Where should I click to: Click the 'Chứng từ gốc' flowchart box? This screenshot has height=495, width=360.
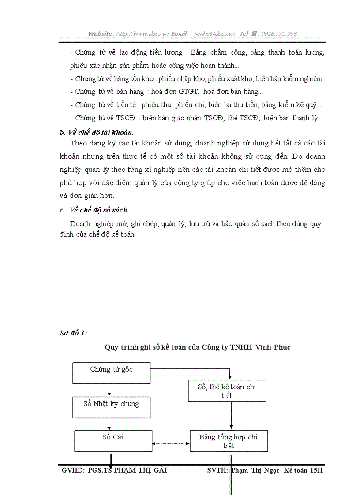pos(111,373)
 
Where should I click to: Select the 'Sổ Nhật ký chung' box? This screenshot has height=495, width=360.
pos(111,407)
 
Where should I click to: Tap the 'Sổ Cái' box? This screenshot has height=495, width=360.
pos(112,441)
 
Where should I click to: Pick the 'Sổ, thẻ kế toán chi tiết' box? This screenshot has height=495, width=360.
pos(227,390)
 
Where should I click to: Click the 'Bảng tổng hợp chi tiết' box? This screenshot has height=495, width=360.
pos(229,441)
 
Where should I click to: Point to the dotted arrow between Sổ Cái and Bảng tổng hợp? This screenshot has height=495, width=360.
pos(171,443)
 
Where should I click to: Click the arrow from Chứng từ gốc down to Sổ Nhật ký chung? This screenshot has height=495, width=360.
pos(109,390)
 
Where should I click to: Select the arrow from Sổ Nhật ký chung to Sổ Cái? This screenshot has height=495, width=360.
pos(109,424)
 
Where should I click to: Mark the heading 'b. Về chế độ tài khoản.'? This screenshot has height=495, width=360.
pos(96,132)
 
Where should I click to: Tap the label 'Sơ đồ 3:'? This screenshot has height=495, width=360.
pos(73,333)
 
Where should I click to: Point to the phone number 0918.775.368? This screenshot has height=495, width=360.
pos(279,33)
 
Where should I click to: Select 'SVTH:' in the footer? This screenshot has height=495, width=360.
pos(217,470)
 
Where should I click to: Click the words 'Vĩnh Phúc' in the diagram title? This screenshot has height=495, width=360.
pos(273,347)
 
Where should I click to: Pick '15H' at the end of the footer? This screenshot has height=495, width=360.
pos(317,470)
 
